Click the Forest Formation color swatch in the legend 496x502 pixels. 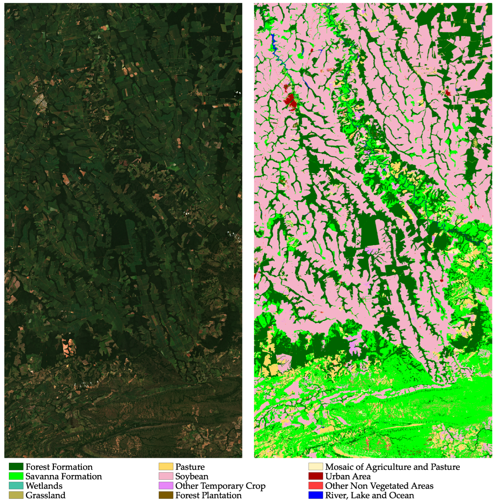pyautogui.click(x=16, y=467)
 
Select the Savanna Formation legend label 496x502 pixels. pyautogui.click(x=63, y=476)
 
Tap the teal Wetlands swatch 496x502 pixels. pyautogui.click(x=16, y=486)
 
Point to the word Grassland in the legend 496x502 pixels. pyautogui.click(x=45, y=495)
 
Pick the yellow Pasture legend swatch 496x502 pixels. pyautogui.click(x=166, y=467)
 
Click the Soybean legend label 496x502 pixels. pyautogui.click(x=192, y=476)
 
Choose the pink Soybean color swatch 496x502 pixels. pyautogui.click(x=166, y=476)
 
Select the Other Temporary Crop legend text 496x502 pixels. pyautogui.click(x=220, y=486)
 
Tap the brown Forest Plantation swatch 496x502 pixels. pyautogui.click(x=166, y=495)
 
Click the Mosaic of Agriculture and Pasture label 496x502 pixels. pyautogui.click(x=392, y=467)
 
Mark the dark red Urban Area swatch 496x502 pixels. pyautogui.click(x=316, y=476)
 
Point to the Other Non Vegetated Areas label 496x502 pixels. pyautogui.click(x=379, y=486)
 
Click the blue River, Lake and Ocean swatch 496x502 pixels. pyautogui.click(x=316, y=495)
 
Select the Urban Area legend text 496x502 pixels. pyautogui.click(x=348, y=476)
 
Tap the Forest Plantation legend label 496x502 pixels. pyautogui.click(x=208, y=495)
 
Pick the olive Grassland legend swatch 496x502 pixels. pyautogui.click(x=16, y=495)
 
